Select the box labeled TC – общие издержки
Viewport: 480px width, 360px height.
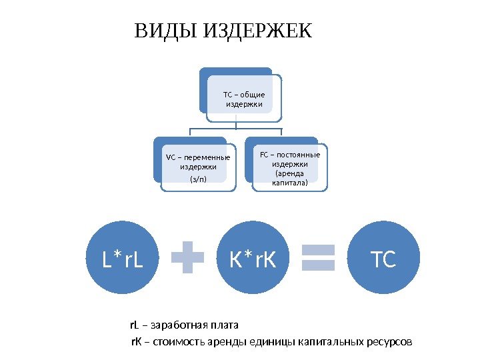243,99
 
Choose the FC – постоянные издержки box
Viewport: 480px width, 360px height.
289,167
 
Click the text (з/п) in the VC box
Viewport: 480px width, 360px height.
198,179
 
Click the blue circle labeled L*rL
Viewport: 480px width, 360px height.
123,259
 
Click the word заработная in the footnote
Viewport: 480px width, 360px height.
177,326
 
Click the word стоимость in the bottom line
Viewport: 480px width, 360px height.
175,343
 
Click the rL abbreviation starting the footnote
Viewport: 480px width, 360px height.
134,326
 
